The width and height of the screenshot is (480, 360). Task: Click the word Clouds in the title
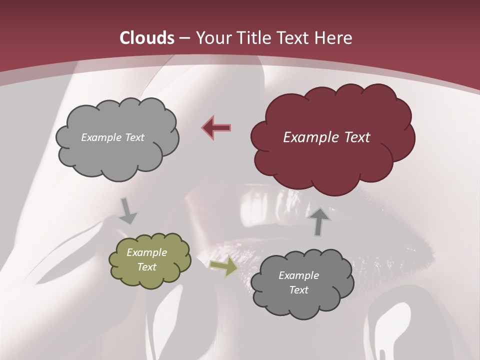[x=147, y=38]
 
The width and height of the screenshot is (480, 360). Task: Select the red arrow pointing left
[x=216, y=127]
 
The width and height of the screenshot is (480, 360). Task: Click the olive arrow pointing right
[x=223, y=266]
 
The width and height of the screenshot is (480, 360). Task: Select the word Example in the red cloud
[x=308, y=137]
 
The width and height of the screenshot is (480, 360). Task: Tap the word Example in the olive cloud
[x=147, y=252]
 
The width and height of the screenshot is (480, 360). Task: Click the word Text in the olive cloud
[x=147, y=267]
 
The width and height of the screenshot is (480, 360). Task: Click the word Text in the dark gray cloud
[x=299, y=290]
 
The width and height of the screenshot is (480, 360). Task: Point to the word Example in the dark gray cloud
[x=299, y=275]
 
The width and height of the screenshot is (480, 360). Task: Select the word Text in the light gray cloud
[x=134, y=137]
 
